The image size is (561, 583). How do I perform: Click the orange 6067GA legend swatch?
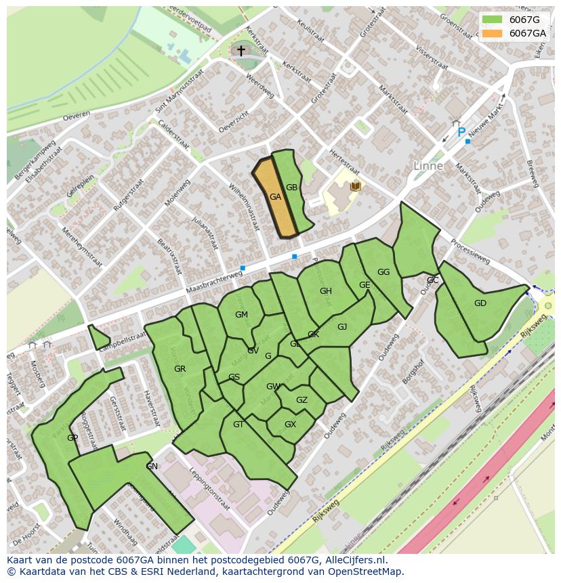[493, 33]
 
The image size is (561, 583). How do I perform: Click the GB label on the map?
[291, 188]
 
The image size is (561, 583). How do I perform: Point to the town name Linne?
[428, 166]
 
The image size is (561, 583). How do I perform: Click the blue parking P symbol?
[461, 132]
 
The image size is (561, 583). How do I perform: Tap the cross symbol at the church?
[241, 51]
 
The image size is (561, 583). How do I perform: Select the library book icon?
[355, 186]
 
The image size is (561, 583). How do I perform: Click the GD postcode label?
[480, 303]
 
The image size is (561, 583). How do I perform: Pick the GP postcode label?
[72, 438]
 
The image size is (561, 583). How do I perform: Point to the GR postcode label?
[180, 369]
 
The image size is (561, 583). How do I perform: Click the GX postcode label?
[290, 425]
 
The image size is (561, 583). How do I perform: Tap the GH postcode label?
[325, 291]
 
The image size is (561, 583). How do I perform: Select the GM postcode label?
[241, 315]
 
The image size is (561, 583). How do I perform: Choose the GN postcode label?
[152, 467]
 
